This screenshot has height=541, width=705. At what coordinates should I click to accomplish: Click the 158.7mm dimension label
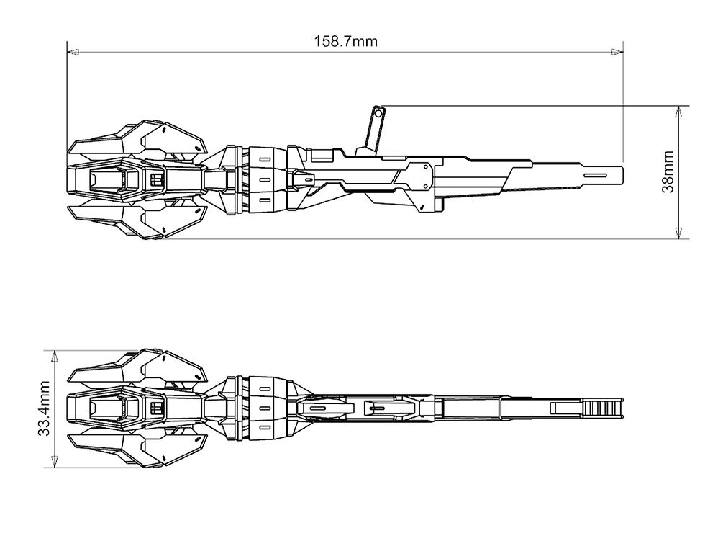coord(345,41)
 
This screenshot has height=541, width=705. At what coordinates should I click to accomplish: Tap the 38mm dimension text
coord(668,172)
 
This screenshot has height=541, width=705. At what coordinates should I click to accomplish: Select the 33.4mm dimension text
coord(44,409)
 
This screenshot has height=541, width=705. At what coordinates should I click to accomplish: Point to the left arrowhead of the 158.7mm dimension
coord(72,52)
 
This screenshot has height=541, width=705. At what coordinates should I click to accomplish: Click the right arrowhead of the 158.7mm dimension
coord(617,52)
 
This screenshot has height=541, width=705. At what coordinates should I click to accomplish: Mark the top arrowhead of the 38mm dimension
coord(678,112)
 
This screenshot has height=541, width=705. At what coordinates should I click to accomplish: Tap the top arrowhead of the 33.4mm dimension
coord(55,356)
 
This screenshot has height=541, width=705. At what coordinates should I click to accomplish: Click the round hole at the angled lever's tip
coord(377,111)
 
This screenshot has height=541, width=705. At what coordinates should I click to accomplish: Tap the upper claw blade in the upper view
coord(137,139)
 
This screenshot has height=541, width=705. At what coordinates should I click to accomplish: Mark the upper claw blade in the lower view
coord(137,367)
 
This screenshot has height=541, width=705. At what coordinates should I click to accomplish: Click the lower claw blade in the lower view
coord(137,448)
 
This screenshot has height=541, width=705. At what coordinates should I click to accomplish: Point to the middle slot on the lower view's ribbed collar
coord(264,408)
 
